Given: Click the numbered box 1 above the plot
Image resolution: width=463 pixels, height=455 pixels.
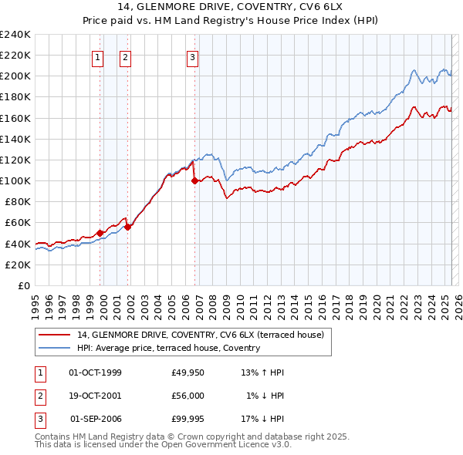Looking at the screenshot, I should pyautogui.click(x=99, y=56).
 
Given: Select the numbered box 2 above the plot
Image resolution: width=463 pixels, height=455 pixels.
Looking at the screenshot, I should pyautogui.click(x=125, y=56).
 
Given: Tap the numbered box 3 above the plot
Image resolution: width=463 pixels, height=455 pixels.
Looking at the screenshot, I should pyautogui.click(x=192, y=56).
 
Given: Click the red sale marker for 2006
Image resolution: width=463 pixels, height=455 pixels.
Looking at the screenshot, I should pyautogui.click(x=194, y=181).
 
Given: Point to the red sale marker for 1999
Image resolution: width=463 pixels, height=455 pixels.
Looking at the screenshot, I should pyautogui.click(x=100, y=233).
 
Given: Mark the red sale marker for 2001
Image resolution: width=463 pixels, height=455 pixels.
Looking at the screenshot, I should pyautogui.click(x=128, y=227).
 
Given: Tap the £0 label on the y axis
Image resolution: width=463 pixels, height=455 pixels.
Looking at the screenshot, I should pyautogui.click(x=24, y=285).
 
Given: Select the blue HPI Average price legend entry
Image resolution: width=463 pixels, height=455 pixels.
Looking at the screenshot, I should pyautogui.click(x=168, y=349).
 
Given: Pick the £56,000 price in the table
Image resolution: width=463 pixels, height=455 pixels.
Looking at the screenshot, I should pyautogui.click(x=188, y=396).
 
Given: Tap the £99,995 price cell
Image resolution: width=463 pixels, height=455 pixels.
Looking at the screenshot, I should pyautogui.click(x=188, y=419).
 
